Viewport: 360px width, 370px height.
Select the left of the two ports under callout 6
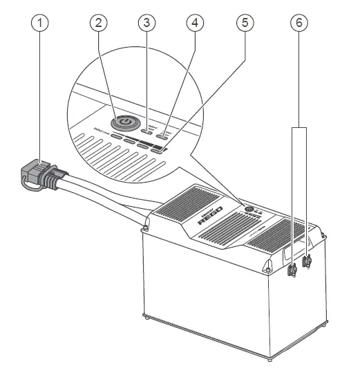click(292, 271)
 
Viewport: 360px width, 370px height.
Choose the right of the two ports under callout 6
click(307, 261)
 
